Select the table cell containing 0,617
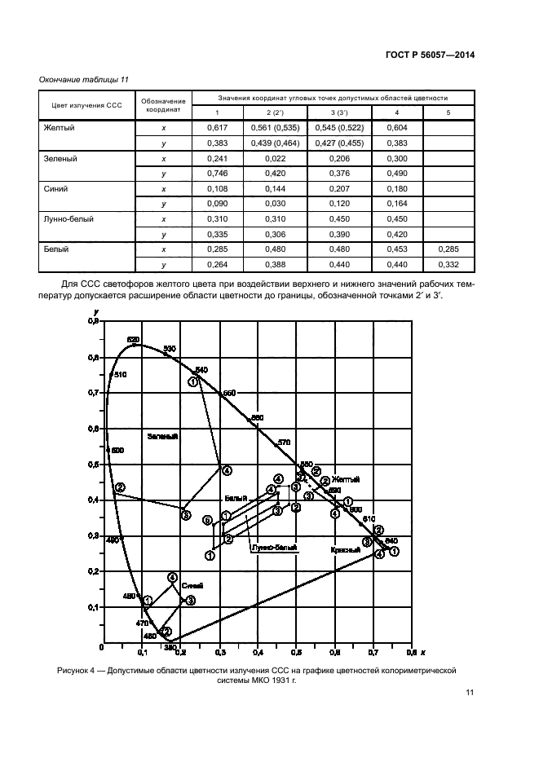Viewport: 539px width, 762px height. [217, 127]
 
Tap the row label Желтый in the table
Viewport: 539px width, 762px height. [62, 127]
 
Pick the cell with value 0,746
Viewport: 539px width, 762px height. [217, 174]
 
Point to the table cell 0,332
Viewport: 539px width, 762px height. [448, 265]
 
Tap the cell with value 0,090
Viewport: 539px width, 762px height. [217, 204]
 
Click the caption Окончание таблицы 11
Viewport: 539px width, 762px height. [85, 79]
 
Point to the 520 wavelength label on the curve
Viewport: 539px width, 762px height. [134, 339]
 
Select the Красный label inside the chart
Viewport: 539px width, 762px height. [345, 550]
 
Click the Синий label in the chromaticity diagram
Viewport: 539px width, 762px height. [192, 585]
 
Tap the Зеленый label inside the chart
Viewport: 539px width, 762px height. [162, 437]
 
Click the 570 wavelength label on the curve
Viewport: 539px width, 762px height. [284, 442]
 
